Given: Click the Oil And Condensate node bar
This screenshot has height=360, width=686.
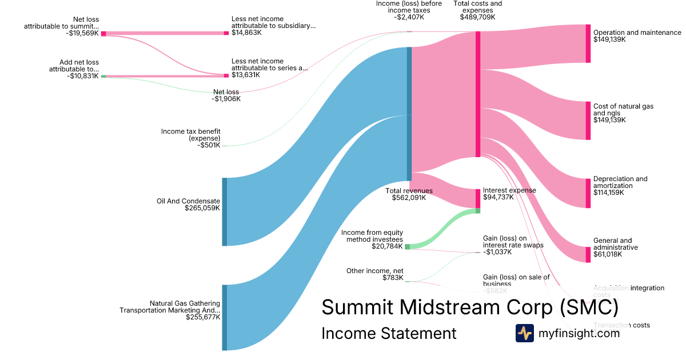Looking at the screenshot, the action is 225,211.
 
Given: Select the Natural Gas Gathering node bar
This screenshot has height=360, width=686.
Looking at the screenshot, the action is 225,317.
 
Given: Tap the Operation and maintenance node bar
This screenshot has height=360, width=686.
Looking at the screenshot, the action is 588,43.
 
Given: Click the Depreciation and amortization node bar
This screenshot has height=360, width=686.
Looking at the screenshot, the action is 588,193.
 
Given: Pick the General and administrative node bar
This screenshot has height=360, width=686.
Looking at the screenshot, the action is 588,254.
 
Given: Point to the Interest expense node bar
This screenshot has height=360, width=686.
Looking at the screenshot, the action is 478,198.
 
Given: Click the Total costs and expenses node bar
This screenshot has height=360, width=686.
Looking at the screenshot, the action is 478,94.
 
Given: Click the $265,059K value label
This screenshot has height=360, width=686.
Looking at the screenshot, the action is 202,209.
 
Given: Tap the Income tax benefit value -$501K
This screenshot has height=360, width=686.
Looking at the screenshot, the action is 209,146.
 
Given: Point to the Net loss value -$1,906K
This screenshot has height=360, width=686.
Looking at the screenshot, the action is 226,99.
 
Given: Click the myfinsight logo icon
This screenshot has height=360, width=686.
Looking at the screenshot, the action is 524,333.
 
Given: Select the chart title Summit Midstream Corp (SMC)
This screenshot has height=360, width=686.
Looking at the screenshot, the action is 470,307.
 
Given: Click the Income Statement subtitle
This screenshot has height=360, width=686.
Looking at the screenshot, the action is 389,333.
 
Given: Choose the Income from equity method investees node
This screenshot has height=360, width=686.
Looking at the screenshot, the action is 407,247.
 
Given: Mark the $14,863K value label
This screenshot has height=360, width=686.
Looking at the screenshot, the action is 246,33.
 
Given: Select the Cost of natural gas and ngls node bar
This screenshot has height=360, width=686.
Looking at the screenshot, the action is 588,120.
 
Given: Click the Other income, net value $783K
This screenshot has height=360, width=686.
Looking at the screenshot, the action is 393,278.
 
